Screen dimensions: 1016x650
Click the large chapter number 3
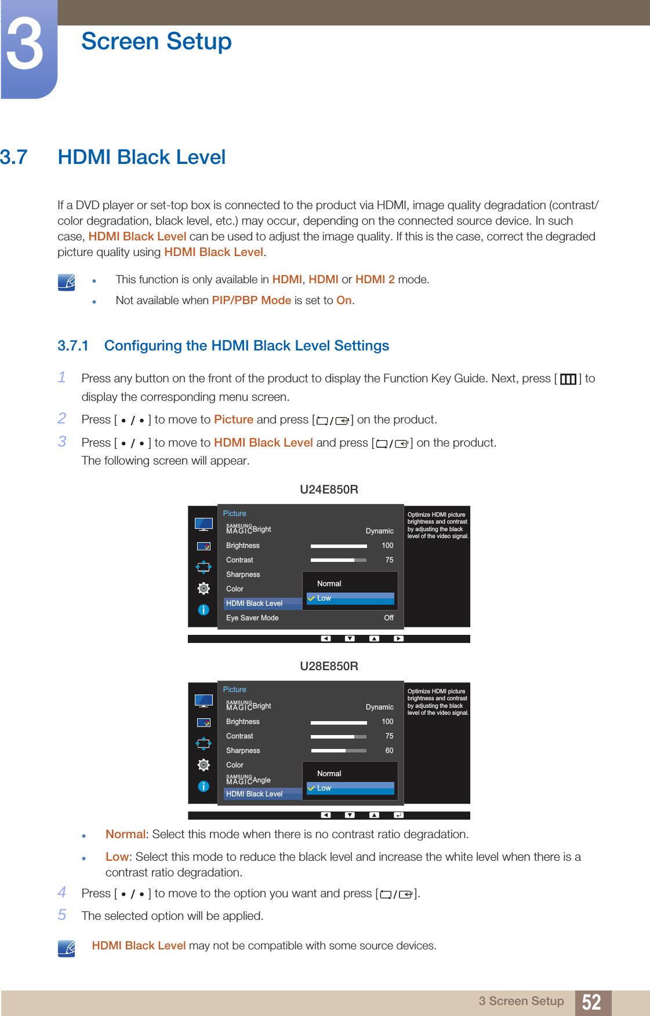tap(24, 45)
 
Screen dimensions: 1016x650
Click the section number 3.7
tap(14, 157)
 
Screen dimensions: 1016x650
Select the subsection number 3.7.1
tap(72, 346)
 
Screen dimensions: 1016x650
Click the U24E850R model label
tap(329, 489)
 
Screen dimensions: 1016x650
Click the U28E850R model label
tap(329, 666)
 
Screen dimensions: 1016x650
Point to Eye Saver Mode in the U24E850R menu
tap(252, 618)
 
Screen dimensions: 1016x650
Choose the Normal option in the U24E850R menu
tap(329, 584)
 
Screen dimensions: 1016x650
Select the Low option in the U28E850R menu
tap(324, 788)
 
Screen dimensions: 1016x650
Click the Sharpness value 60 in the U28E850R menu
tap(389, 751)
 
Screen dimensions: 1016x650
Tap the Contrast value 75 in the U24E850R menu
tap(389, 560)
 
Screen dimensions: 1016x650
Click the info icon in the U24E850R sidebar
tap(204, 610)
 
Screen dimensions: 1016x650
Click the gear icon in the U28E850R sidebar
tap(204, 765)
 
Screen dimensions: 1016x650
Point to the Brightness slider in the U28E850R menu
tap(339, 722)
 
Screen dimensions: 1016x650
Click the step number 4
tap(62, 892)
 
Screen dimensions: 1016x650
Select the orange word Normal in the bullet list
tap(125, 834)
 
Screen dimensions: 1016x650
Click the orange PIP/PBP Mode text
tap(251, 300)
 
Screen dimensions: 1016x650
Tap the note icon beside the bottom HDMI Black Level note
tap(67, 948)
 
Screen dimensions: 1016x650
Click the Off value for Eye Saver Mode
tap(388, 618)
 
